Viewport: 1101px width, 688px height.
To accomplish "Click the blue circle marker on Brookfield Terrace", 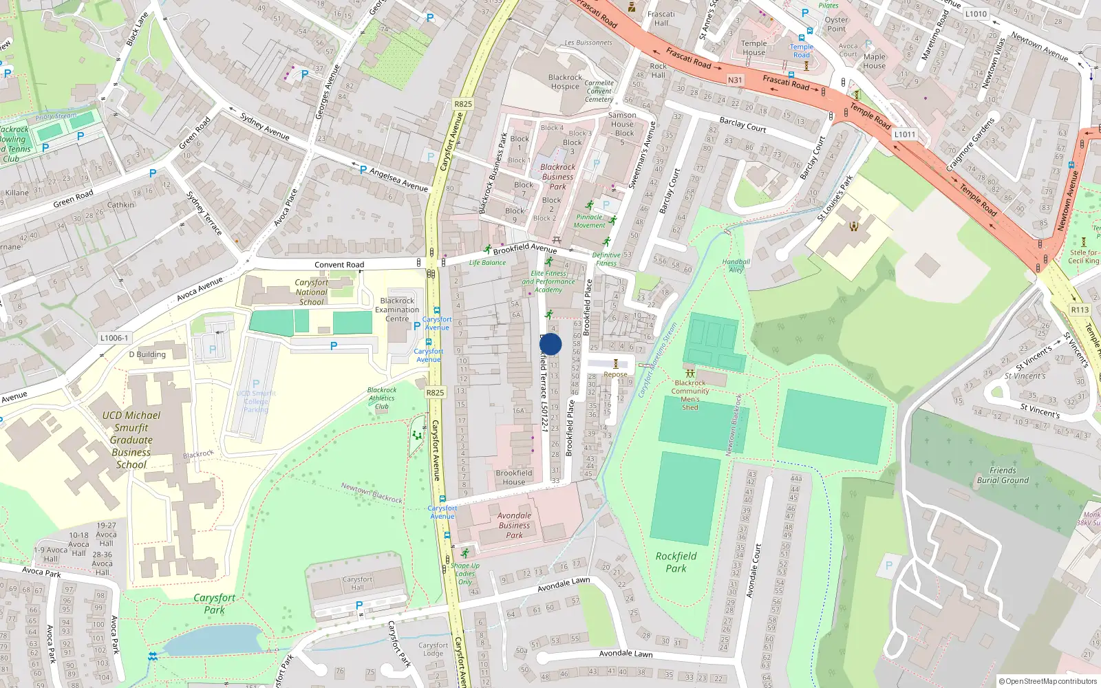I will pyautogui.click(x=550, y=344).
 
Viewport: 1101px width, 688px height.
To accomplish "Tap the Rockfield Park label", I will pyautogui.click(x=676, y=562).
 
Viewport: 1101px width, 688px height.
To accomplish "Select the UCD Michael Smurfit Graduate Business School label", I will pyautogui.click(x=131, y=440).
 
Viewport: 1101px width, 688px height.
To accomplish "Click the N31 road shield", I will pyautogui.click(x=735, y=80).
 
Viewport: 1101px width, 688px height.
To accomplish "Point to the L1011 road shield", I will pyautogui.click(x=904, y=134).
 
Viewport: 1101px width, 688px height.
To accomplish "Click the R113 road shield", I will pyautogui.click(x=1080, y=310).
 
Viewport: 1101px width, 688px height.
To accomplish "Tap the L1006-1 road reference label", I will pyautogui.click(x=114, y=338).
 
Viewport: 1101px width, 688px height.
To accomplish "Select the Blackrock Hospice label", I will pyautogui.click(x=565, y=82).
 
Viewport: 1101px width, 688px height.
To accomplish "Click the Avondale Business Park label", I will pyautogui.click(x=514, y=525).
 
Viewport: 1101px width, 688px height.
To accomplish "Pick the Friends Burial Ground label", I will pyautogui.click(x=1003, y=475).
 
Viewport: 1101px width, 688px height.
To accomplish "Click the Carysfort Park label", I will pyautogui.click(x=214, y=603).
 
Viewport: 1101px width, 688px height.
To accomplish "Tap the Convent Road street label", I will pyautogui.click(x=339, y=265).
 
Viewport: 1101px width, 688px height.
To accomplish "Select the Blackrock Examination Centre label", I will pyautogui.click(x=397, y=310).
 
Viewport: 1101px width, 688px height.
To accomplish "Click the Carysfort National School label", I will pyautogui.click(x=311, y=292).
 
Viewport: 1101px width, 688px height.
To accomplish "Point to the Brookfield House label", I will pyautogui.click(x=514, y=477).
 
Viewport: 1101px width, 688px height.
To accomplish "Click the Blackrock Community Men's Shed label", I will pyautogui.click(x=690, y=395).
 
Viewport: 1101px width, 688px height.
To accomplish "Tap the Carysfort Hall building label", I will pyautogui.click(x=357, y=583).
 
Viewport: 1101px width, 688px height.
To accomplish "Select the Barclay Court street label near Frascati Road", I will pyautogui.click(x=742, y=125).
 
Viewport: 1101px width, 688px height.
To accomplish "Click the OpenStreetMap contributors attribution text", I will pyautogui.click(x=1047, y=681).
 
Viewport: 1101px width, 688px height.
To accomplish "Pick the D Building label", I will pyautogui.click(x=147, y=354).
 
